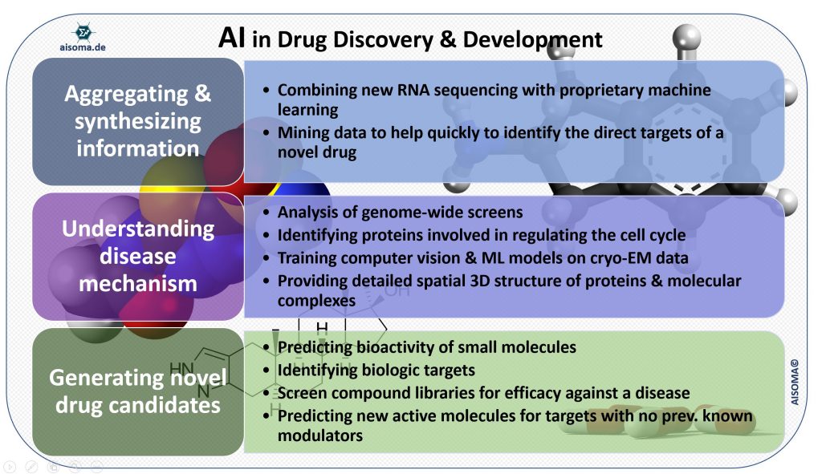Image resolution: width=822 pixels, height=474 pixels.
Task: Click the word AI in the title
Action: tap(233, 38)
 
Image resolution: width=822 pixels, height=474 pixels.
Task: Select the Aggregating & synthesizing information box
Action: tap(138, 121)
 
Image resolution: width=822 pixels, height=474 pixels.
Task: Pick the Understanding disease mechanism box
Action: tap(138, 256)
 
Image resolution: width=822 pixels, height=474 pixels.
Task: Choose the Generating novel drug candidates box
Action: tap(138, 391)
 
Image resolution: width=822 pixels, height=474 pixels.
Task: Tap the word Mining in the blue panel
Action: tap(303, 133)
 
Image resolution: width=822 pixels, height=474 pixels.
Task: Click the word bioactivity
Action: tap(395, 347)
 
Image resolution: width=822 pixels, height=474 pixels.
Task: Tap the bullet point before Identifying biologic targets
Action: tap(267, 371)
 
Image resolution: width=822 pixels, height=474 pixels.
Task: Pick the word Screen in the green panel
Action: tap(303, 393)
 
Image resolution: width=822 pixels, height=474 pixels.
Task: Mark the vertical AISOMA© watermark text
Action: tap(795, 380)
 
